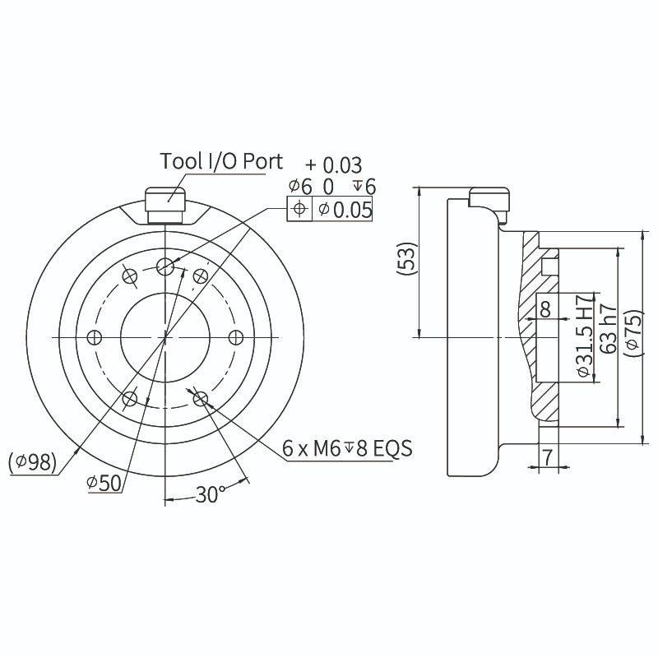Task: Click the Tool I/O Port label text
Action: [x=221, y=160]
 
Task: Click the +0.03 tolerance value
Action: [x=334, y=166]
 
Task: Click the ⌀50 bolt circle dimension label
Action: [x=104, y=483]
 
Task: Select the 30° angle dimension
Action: [x=210, y=494]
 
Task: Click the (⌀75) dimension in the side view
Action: [x=633, y=336]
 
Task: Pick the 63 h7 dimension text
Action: [x=609, y=329]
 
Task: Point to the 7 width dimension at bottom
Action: [x=546, y=455]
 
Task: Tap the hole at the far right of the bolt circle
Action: [x=236, y=337]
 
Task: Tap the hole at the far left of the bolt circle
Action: [x=94, y=337]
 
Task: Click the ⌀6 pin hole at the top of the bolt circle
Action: [x=165, y=265]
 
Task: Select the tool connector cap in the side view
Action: [x=490, y=199]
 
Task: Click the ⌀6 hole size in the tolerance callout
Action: [x=300, y=188]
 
